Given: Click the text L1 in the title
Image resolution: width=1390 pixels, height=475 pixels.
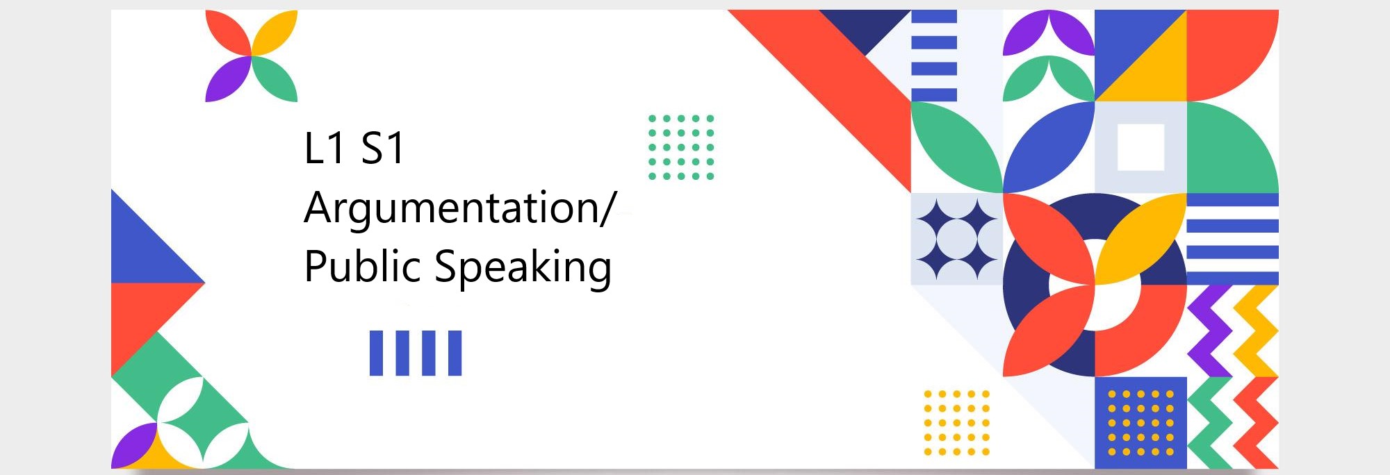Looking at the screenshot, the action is [325, 148].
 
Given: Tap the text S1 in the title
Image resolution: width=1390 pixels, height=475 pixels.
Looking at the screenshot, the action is [382, 148].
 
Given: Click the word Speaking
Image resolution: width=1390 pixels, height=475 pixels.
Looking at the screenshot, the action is [523, 267].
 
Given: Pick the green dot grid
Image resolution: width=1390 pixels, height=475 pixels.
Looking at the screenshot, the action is [681, 147].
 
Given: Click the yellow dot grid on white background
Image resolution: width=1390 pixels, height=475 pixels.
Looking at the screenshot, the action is [956, 423].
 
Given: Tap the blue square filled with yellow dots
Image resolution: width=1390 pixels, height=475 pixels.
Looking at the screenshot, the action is [1140, 423].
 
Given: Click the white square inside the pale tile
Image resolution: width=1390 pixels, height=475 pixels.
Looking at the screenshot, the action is [1140, 147].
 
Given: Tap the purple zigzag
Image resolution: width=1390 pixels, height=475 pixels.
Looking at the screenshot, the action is [1210, 331].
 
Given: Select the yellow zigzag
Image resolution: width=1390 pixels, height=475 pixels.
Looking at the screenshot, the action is [1256, 331].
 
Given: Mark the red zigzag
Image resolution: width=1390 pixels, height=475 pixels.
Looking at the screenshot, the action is [1256, 423].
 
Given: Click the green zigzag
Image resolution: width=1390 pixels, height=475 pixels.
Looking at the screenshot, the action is [1210, 423].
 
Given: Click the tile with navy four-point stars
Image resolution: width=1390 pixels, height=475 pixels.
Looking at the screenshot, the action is [956, 239].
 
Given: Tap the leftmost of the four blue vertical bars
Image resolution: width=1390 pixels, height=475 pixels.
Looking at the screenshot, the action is [376, 353].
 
